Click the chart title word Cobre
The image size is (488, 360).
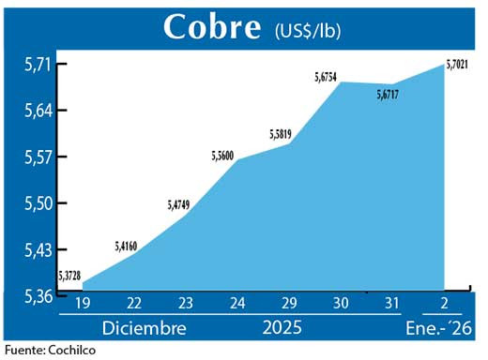pyautogui.click(x=211, y=27)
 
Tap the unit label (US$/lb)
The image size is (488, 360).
pyautogui.click(x=308, y=30)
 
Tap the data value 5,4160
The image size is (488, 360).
pyautogui.click(x=126, y=247)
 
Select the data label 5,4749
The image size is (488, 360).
pyautogui.click(x=179, y=203)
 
